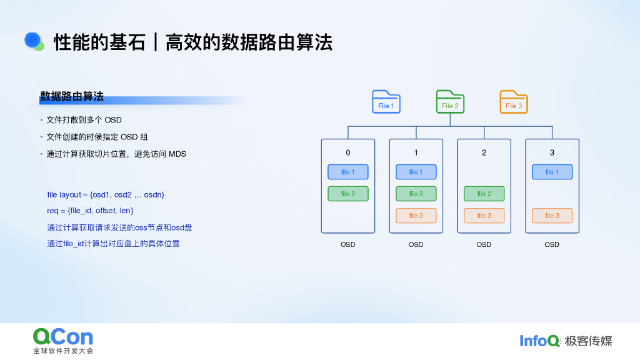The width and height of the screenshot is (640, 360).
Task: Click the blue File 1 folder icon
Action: click(386, 102)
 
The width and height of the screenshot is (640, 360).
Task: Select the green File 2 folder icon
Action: click(450, 102)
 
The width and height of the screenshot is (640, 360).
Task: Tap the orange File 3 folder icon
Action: click(514, 102)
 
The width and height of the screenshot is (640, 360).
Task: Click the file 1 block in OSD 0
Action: click(348, 172)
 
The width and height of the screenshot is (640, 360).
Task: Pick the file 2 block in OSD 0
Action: click(348, 194)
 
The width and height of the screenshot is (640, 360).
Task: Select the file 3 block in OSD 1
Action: click(416, 216)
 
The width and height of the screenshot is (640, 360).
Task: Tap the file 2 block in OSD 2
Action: click(484, 194)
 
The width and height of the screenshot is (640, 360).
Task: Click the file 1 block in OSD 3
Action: click(552, 172)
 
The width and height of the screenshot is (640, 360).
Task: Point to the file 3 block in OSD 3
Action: click(552, 216)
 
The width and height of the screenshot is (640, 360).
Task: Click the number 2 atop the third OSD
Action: click(484, 152)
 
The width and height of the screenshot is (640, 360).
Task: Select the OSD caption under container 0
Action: click(348, 244)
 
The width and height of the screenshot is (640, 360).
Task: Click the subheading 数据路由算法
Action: click(72, 97)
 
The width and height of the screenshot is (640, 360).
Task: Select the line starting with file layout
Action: click(106, 195)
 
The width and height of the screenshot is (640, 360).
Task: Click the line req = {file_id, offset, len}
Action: click(90, 211)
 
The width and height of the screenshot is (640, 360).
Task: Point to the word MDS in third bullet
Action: click(177, 154)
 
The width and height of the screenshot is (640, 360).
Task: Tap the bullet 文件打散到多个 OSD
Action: click(84, 120)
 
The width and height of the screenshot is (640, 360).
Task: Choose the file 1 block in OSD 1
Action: click(416, 172)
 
